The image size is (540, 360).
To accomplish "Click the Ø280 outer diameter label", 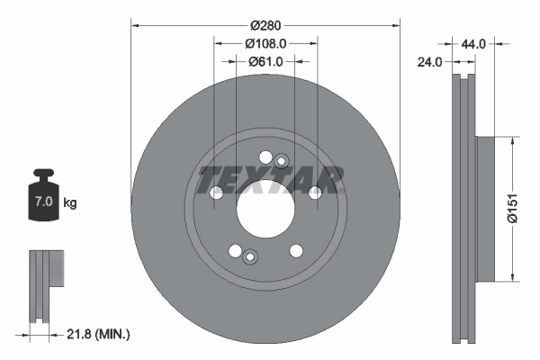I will [x=265, y=25].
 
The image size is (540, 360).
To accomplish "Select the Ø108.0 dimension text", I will [x=265, y=42].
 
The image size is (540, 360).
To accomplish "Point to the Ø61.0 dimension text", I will [x=265, y=61].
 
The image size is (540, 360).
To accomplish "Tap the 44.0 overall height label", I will [x=473, y=43].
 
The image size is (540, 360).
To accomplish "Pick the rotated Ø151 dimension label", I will [x=512, y=206].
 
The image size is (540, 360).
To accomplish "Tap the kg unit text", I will [x=69, y=203].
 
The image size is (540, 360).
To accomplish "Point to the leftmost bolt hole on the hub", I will [x=216, y=193].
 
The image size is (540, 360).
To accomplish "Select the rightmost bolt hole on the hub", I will [x=315, y=193].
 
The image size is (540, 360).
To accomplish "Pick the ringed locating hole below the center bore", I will [x=251, y=258].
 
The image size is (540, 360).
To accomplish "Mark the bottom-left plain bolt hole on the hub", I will [x=235, y=251].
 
